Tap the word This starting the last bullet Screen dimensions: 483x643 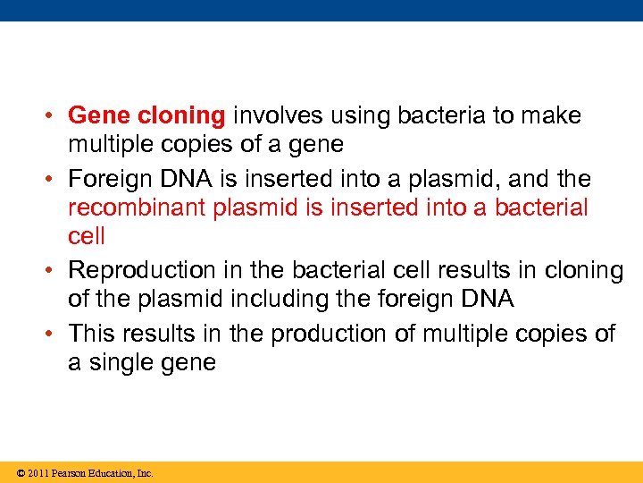click(92, 334)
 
